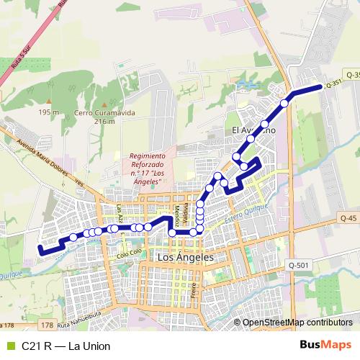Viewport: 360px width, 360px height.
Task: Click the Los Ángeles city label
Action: click(x=186, y=257)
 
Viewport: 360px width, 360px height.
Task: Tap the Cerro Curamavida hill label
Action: click(x=94, y=117)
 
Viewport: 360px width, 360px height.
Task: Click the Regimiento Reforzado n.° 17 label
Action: click(x=149, y=168)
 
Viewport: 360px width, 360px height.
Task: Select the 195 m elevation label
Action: click(x=49, y=112)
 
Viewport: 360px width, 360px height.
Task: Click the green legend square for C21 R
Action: click(x=9, y=346)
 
